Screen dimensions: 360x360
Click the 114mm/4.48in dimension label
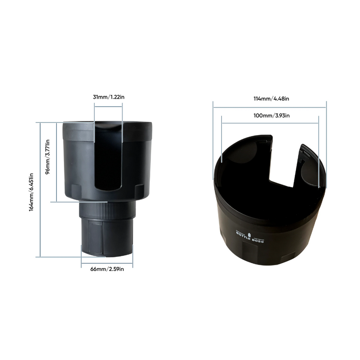click(x=270, y=99)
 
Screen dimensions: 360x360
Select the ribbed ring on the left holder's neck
click(x=107, y=209)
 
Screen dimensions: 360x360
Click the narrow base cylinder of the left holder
click(x=107, y=236)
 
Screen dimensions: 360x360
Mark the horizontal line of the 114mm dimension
click(x=270, y=107)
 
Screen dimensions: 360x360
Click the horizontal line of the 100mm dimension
click(x=270, y=123)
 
